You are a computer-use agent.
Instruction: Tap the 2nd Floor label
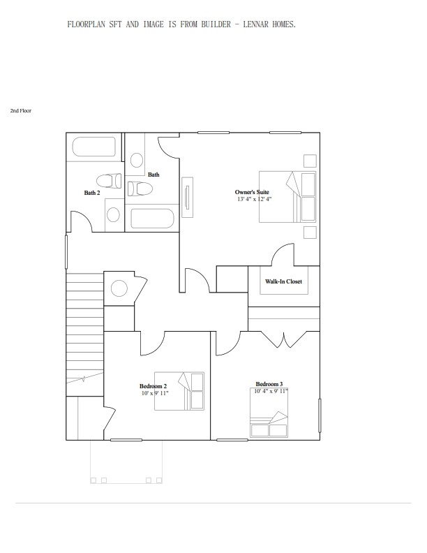[x=20, y=111]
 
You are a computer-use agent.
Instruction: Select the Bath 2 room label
[x=92, y=193]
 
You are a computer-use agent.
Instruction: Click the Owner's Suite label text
[x=252, y=192]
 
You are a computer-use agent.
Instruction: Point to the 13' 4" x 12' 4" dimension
[x=254, y=199]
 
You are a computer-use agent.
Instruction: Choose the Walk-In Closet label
[x=283, y=281]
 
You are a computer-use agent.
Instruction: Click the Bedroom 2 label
[x=153, y=386]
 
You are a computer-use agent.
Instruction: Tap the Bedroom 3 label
[x=269, y=384]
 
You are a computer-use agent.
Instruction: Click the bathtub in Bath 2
[x=94, y=148]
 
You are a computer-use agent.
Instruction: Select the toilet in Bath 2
[x=109, y=179]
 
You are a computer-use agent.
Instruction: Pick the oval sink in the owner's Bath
[x=137, y=160]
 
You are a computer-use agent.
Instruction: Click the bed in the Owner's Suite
[x=287, y=196]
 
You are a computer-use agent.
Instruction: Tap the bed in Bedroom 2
[x=179, y=391]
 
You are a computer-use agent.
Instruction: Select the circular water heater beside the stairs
[x=119, y=288]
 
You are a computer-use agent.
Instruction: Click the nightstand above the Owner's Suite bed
[x=310, y=160]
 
